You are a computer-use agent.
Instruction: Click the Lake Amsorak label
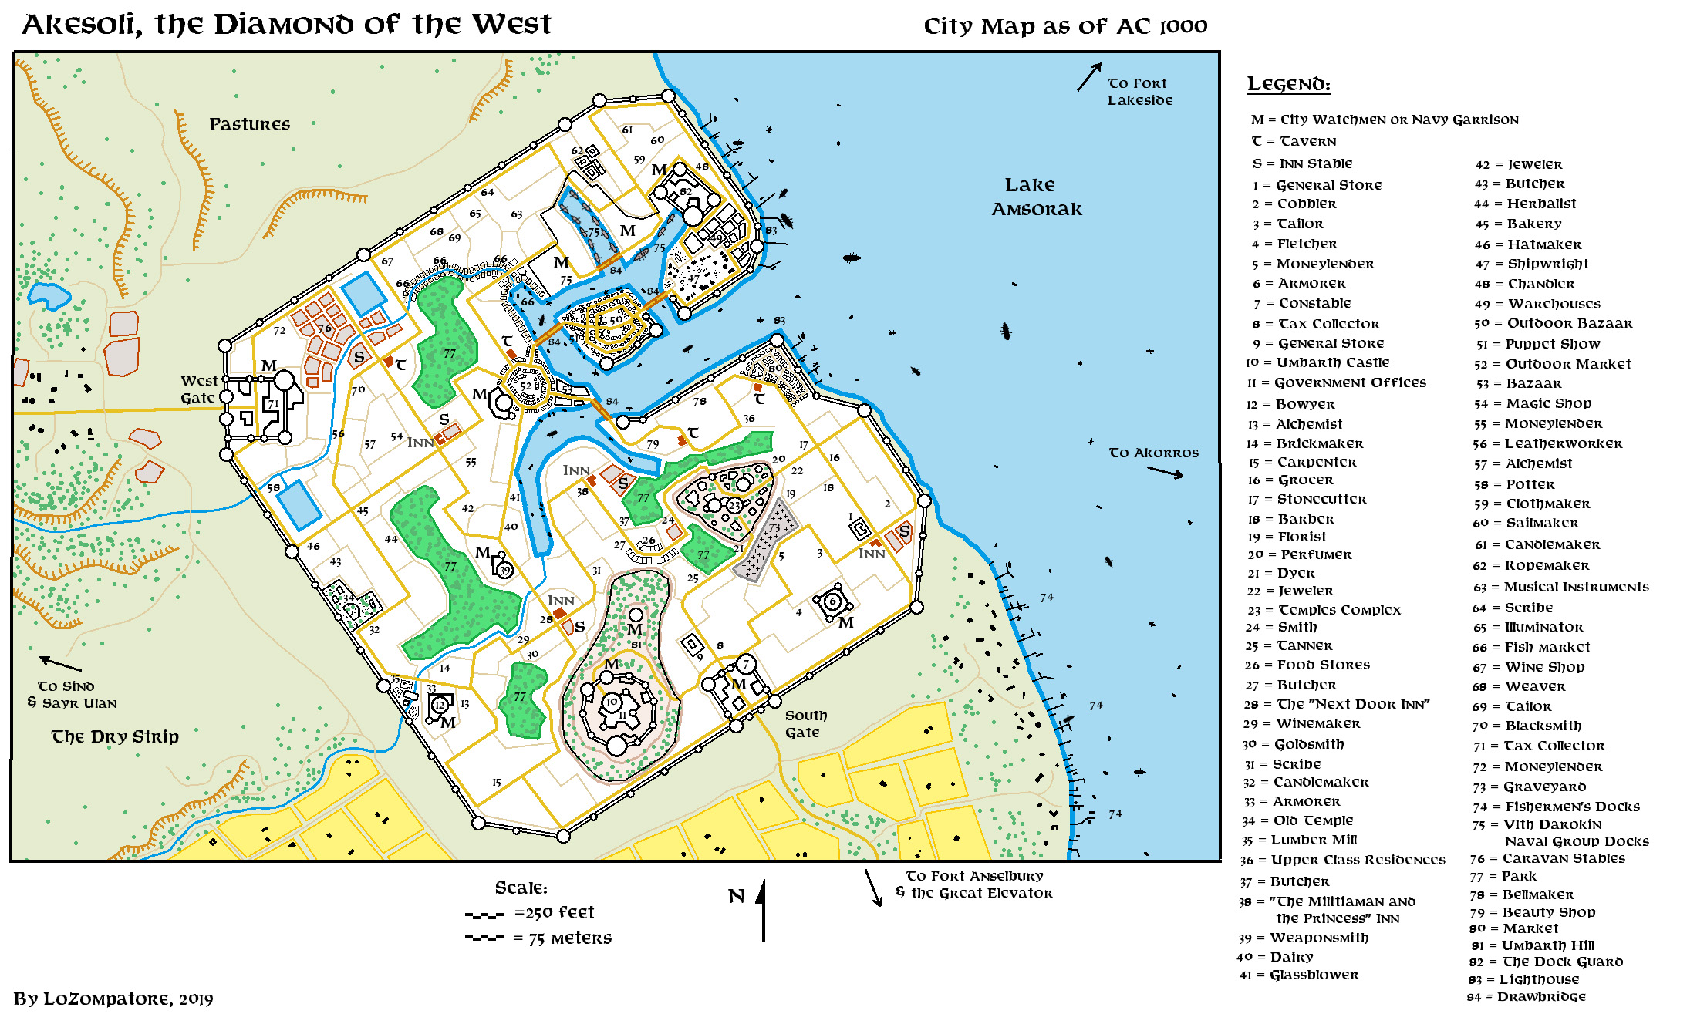tap(1036, 197)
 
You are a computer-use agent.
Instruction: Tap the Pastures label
tap(249, 124)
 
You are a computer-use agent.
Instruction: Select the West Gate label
tap(199, 389)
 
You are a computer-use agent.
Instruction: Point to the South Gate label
tap(805, 724)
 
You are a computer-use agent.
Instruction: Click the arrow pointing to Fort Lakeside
tap(1088, 77)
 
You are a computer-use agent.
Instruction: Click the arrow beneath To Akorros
tap(1165, 473)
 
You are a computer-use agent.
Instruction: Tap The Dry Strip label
tap(115, 736)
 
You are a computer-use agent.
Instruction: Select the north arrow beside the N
tap(763, 910)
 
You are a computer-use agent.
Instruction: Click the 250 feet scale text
tap(554, 913)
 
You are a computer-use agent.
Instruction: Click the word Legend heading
tap(1288, 84)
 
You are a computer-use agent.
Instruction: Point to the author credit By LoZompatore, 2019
tap(113, 999)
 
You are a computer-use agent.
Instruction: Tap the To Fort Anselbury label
tap(974, 876)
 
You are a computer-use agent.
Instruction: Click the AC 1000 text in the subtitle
tap(1162, 27)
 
